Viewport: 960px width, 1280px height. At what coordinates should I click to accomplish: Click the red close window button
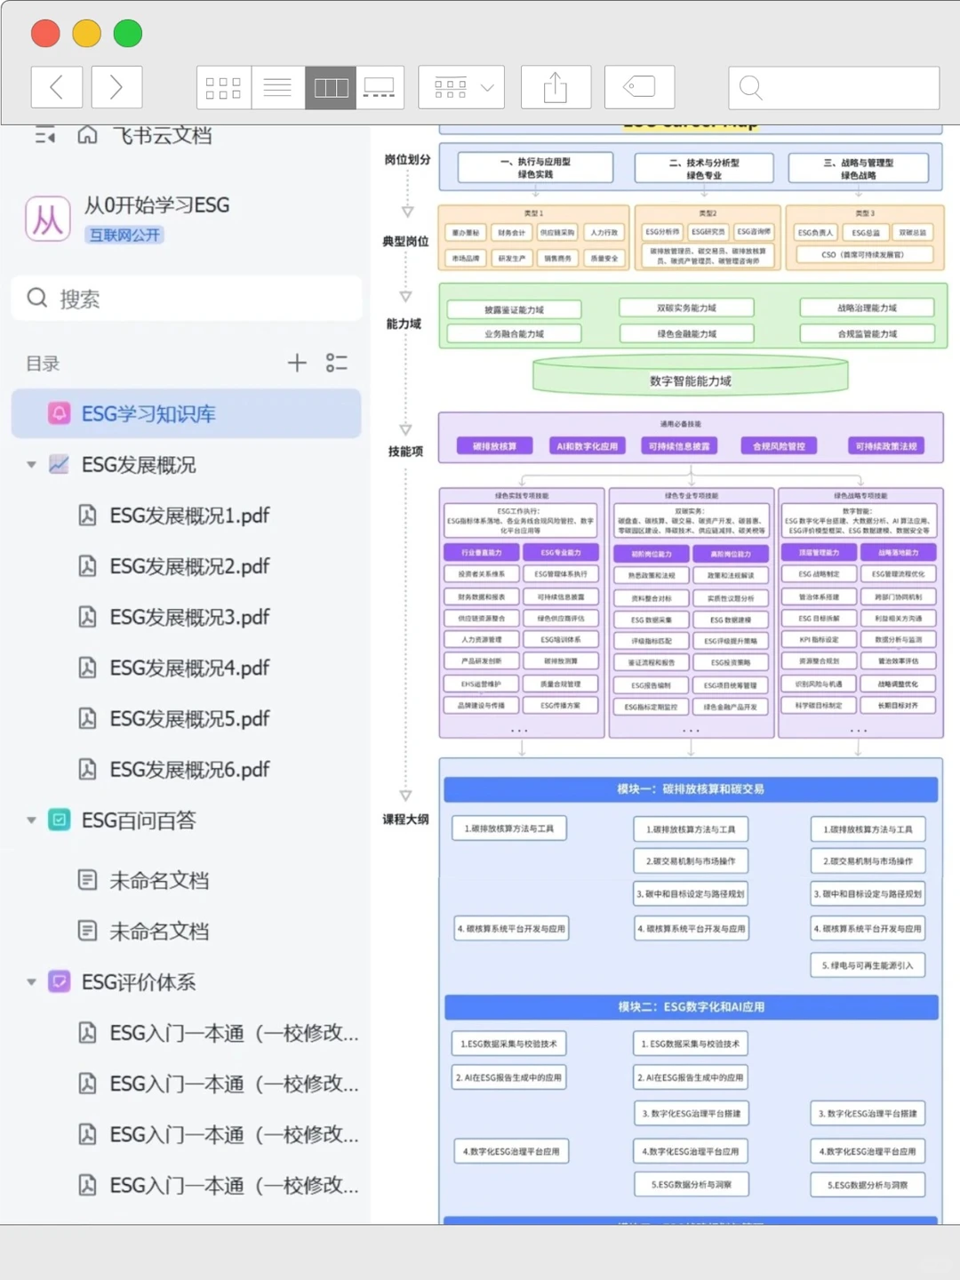(x=45, y=34)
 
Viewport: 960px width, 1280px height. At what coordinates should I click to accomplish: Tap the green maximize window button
(x=128, y=34)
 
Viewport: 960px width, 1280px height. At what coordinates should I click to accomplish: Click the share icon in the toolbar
(x=556, y=87)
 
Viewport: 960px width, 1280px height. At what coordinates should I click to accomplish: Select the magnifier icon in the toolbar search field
(x=751, y=87)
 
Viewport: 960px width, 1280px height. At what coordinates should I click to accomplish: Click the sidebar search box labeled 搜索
(x=187, y=299)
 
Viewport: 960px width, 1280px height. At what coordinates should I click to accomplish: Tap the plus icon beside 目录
(x=297, y=363)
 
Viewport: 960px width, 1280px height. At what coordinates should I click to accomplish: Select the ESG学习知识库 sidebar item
(x=148, y=414)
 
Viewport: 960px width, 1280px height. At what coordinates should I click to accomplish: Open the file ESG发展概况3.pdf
(x=189, y=617)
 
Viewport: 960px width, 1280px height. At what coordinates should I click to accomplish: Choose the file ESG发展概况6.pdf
(x=189, y=770)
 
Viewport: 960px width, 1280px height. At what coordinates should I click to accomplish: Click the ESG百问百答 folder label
(x=139, y=820)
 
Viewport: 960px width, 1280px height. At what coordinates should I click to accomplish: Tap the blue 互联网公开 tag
(x=125, y=235)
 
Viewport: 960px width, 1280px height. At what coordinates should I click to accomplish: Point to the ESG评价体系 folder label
(x=139, y=982)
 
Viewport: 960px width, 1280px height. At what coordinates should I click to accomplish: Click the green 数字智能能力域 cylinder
(x=691, y=380)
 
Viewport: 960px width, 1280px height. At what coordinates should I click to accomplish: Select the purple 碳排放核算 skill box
(x=494, y=445)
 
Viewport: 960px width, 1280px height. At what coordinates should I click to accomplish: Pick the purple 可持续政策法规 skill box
(x=886, y=445)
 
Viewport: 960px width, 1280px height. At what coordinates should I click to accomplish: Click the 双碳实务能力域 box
(x=686, y=308)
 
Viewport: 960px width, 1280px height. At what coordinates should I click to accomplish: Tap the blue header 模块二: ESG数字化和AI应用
(x=691, y=1006)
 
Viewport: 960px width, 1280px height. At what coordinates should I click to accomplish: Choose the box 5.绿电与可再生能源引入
(x=867, y=965)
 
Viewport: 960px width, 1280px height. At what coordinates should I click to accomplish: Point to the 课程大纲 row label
(x=405, y=819)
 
